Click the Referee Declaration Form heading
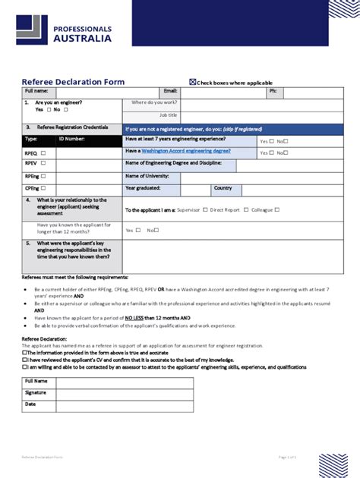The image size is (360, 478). point(73,82)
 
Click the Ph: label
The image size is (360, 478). point(273,91)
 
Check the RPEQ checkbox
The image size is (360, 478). point(43,153)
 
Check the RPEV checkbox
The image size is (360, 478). point(43,163)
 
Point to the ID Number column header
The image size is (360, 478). point(72,140)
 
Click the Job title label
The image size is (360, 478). point(167,115)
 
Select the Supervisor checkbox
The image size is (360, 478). point(204,209)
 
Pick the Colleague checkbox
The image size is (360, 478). point(277,209)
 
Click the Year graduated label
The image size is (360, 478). point(142,187)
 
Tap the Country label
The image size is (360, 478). point(223,187)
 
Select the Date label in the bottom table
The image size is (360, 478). point(30,404)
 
